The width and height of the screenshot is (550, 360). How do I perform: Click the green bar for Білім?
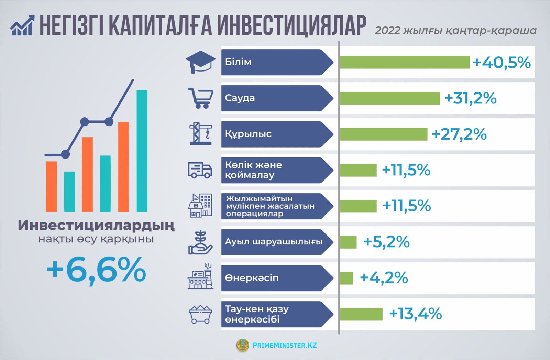coord(404,62)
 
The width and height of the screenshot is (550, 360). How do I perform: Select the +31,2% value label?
coord(470,98)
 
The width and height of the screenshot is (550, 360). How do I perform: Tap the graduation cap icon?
coord(200,62)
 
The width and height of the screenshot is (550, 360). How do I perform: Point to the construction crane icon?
coord(200,134)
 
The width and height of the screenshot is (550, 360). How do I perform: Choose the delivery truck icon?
coord(200,170)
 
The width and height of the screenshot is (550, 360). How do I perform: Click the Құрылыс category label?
coord(248,134)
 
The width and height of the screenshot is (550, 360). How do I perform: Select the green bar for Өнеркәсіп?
coord(346,278)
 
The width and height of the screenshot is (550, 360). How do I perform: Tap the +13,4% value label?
coord(415,314)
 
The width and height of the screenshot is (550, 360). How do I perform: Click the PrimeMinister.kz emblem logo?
coord(243,345)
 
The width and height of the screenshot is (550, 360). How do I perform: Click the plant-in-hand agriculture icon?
coord(200,242)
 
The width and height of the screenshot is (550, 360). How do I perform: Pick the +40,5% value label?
coord(502,63)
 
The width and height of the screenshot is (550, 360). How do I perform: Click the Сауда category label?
coord(240,98)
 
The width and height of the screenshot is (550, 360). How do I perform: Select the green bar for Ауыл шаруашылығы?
coord(348,242)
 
